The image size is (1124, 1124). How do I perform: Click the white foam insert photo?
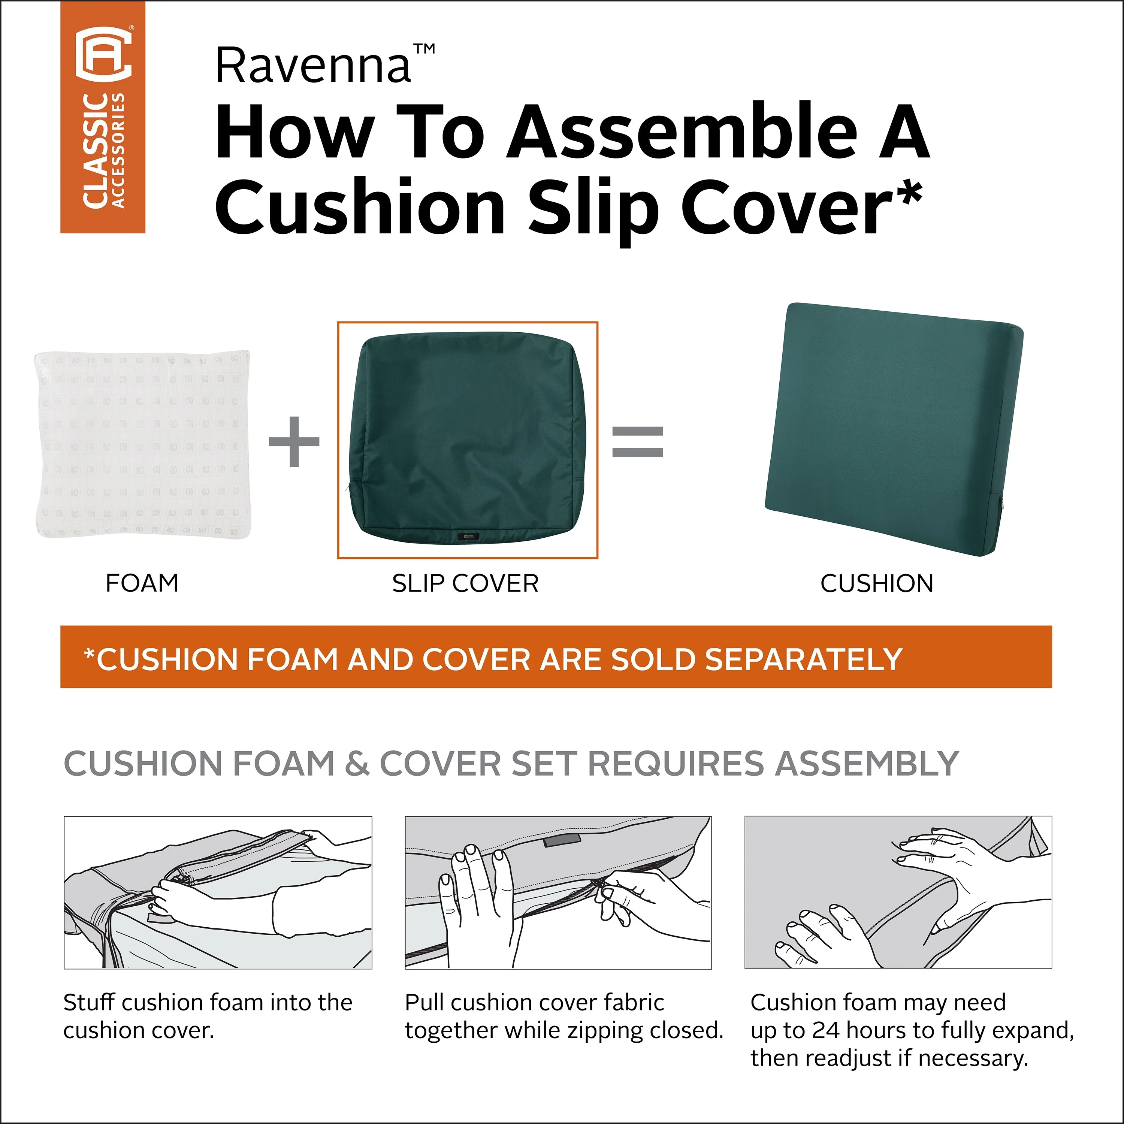(x=142, y=444)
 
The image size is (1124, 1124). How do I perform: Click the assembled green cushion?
(x=894, y=429)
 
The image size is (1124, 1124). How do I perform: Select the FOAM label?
(x=142, y=583)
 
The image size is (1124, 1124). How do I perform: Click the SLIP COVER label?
(x=465, y=583)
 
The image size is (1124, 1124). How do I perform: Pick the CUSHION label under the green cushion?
(x=877, y=583)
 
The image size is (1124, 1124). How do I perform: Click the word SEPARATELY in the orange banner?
(x=803, y=659)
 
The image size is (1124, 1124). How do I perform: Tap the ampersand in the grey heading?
(x=357, y=763)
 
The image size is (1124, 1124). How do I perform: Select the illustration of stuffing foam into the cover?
(x=218, y=892)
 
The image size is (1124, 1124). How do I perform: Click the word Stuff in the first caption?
(x=90, y=1002)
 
